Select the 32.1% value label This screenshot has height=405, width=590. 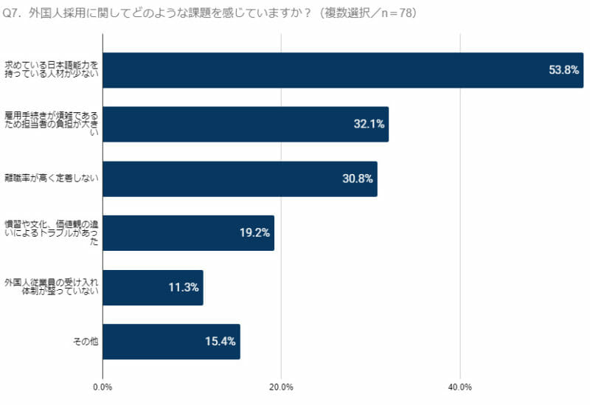coord(369,125)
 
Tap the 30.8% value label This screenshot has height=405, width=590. coord(358,179)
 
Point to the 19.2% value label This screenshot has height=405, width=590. coord(254,233)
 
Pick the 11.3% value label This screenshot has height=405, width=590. coord(184,288)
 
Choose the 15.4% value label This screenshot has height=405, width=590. coord(221,342)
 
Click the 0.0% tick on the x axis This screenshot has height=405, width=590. coord(103,387)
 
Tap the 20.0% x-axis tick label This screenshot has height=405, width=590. coord(282,387)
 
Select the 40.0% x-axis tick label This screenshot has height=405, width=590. coord(460,387)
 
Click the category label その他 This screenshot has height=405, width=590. coord(86,342)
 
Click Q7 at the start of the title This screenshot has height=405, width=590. coord(13,13)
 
